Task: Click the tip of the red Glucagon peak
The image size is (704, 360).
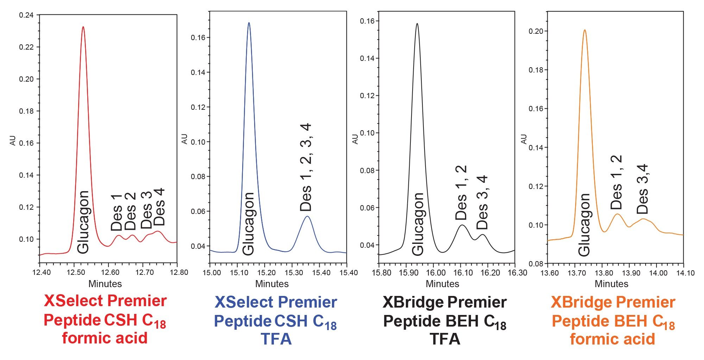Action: [83, 27]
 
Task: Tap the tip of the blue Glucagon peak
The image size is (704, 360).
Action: [249, 23]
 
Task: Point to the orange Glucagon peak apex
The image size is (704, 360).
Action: [585, 30]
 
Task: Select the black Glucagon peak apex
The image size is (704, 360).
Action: [417, 24]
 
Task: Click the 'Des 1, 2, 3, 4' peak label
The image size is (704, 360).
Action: [306, 167]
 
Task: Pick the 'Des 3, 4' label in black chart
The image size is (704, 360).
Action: [482, 202]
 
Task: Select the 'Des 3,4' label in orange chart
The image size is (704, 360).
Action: [642, 189]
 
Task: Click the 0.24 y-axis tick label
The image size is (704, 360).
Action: [26, 15]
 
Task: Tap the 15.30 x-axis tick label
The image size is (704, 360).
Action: [294, 273]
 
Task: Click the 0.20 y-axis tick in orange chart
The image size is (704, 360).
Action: [535, 31]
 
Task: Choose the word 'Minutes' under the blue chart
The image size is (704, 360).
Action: [272, 284]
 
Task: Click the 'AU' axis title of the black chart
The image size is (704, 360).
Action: [355, 139]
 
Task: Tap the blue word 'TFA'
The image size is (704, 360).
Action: [276, 339]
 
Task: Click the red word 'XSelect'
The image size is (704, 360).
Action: [73, 301]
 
